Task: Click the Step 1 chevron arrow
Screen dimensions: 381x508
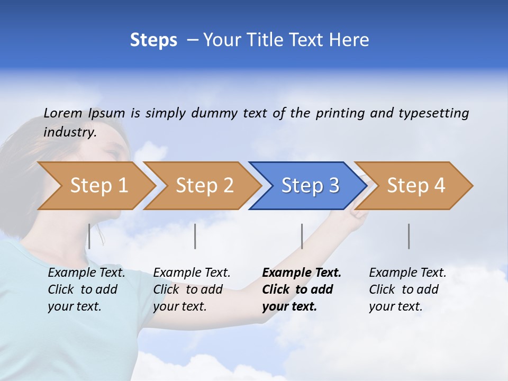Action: (98, 186)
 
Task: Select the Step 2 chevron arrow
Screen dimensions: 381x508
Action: (204, 186)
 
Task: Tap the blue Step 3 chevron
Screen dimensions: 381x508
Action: (310, 186)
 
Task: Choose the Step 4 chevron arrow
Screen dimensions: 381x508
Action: (415, 186)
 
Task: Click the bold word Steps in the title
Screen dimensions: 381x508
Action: (153, 40)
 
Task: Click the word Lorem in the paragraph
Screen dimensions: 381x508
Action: (63, 113)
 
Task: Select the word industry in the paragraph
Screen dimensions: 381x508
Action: (69, 132)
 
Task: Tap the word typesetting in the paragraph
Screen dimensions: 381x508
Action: (433, 113)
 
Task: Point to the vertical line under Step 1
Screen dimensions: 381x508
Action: (89, 236)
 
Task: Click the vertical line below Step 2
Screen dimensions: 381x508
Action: (195, 236)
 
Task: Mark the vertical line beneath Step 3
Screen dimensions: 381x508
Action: (302, 236)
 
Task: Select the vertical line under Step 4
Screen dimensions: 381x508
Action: (409, 236)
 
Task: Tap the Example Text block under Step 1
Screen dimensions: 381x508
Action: (86, 289)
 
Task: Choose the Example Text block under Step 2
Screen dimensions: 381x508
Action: (192, 289)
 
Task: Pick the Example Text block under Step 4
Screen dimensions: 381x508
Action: (407, 289)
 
